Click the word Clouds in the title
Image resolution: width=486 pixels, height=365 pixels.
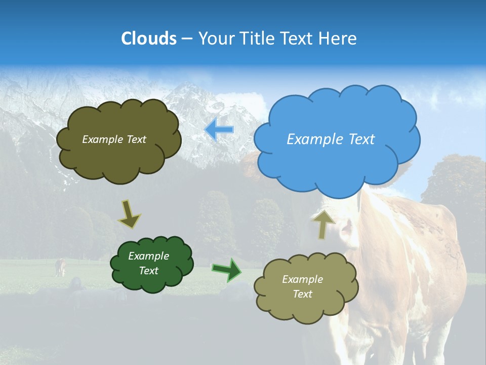149,39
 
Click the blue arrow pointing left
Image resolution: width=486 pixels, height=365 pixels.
219,130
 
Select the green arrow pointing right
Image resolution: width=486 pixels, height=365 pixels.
227,269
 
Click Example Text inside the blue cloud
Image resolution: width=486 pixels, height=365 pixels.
331,139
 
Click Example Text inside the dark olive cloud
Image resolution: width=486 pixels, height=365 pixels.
114,139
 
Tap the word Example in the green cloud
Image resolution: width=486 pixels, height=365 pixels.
148,256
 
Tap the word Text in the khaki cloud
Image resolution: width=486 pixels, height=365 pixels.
302,294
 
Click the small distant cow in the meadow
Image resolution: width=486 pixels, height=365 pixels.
60,267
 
